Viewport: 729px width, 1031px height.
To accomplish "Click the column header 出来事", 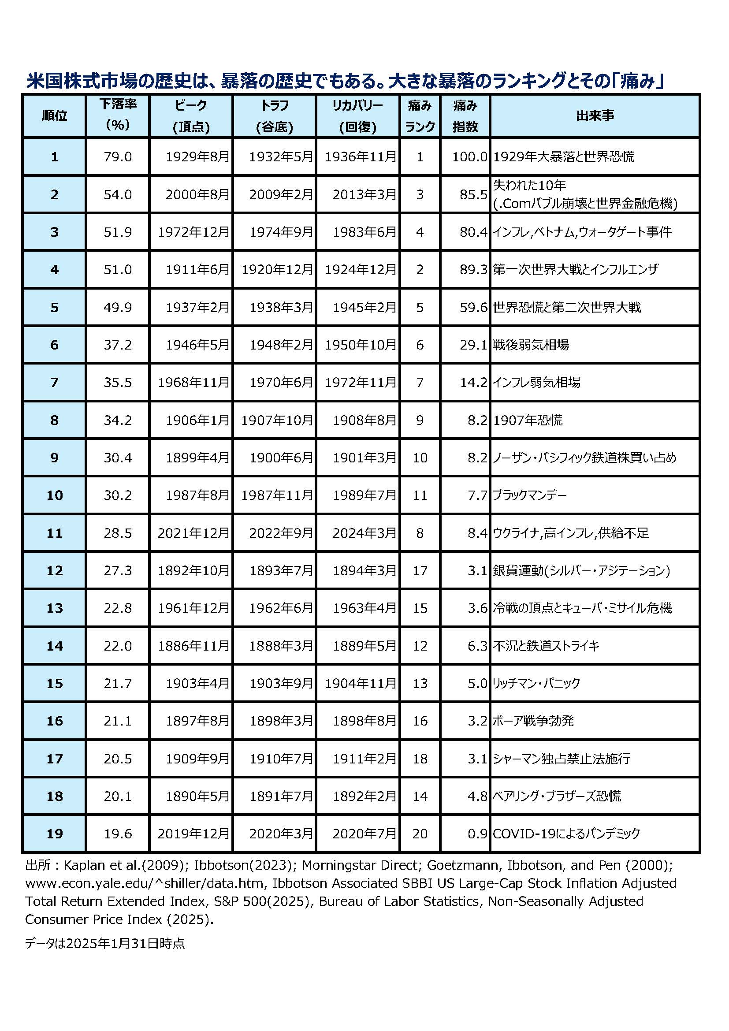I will (x=595, y=116).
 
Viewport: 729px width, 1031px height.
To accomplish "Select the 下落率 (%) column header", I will (x=118, y=115).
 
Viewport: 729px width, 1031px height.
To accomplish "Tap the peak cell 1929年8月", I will (x=197, y=157).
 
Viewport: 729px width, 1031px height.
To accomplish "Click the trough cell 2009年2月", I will (x=281, y=194).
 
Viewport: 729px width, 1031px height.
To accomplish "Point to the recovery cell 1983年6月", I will (x=364, y=232).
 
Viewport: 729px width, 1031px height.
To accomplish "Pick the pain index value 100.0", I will (x=469, y=157).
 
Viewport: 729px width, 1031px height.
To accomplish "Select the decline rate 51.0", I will (x=118, y=269).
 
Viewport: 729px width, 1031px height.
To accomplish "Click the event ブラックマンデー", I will (x=530, y=495).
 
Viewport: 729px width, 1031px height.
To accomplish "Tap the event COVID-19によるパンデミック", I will (x=566, y=834).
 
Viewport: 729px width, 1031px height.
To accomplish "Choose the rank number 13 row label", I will (x=54, y=608).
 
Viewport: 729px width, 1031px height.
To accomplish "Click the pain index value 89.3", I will (x=473, y=269).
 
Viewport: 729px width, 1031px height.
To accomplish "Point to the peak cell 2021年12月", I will (x=193, y=533).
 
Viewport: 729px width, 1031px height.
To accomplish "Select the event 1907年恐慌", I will (x=528, y=421).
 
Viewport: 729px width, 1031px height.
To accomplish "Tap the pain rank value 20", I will (x=420, y=834).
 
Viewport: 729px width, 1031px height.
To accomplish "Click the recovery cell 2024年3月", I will (x=364, y=533).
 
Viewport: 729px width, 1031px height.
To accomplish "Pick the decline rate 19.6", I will (x=118, y=834).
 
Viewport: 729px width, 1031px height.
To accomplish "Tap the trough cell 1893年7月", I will (x=281, y=570).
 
